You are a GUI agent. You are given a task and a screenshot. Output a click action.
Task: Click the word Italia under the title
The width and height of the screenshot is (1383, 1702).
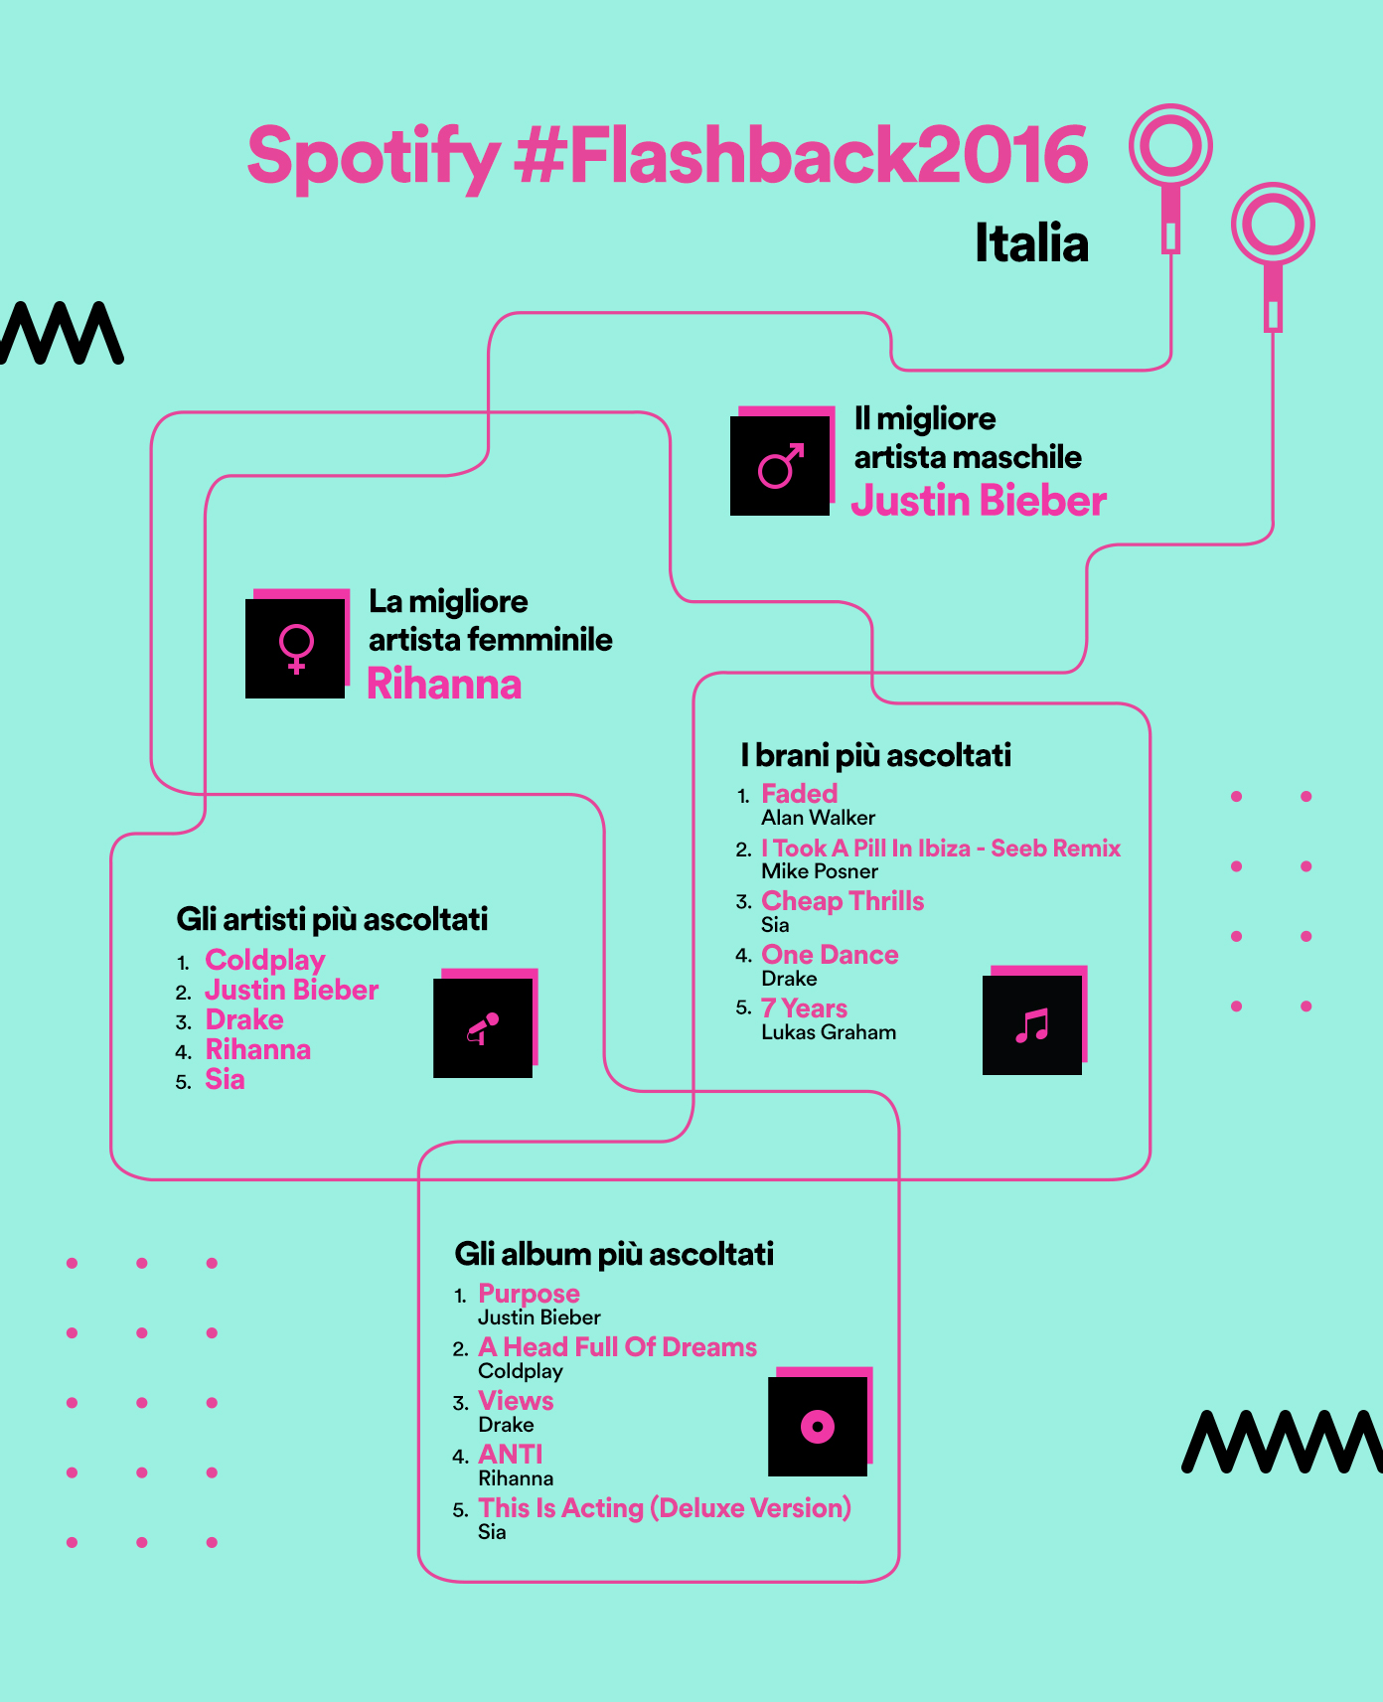(x=1031, y=243)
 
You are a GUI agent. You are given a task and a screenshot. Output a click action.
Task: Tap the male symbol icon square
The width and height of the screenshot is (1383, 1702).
(x=781, y=464)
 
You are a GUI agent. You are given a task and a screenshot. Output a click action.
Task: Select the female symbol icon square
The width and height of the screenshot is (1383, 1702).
(x=296, y=647)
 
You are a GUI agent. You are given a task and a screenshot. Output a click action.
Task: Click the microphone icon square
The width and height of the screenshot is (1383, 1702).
(x=484, y=1026)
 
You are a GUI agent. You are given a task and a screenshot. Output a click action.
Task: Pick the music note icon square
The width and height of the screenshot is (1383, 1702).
(x=1033, y=1023)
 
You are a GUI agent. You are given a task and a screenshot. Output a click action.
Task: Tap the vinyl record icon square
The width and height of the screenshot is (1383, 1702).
(x=819, y=1425)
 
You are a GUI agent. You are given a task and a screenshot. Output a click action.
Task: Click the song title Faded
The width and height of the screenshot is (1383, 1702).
(x=799, y=794)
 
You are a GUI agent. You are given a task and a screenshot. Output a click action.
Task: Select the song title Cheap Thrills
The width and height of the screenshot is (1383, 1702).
(x=843, y=901)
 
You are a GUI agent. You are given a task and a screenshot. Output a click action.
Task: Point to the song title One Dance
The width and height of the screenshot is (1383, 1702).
(x=830, y=955)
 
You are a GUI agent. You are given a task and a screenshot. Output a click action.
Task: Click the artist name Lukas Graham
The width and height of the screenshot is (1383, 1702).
(x=829, y=1032)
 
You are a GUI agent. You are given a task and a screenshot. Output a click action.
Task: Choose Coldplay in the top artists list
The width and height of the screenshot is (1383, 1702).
(x=265, y=960)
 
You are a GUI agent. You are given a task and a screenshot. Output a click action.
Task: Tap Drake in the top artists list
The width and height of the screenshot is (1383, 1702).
(x=244, y=1019)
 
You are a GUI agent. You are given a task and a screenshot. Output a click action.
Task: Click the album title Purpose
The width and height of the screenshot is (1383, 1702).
(x=529, y=1294)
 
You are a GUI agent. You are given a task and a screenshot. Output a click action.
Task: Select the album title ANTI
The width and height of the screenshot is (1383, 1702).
(x=511, y=1455)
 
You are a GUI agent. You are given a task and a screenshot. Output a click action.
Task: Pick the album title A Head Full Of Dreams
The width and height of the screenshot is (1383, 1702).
(x=617, y=1347)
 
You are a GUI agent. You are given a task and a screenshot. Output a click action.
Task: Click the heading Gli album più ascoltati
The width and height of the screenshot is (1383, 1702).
(x=614, y=1254)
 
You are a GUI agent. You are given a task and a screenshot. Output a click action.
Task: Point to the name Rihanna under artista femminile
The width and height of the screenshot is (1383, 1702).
(x=444, y=685)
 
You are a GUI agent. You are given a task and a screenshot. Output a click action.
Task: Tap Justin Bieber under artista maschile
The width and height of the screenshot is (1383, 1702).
(x=979, y=501)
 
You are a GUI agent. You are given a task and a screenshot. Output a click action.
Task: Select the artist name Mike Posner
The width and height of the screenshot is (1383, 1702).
(x=820, y=871)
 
